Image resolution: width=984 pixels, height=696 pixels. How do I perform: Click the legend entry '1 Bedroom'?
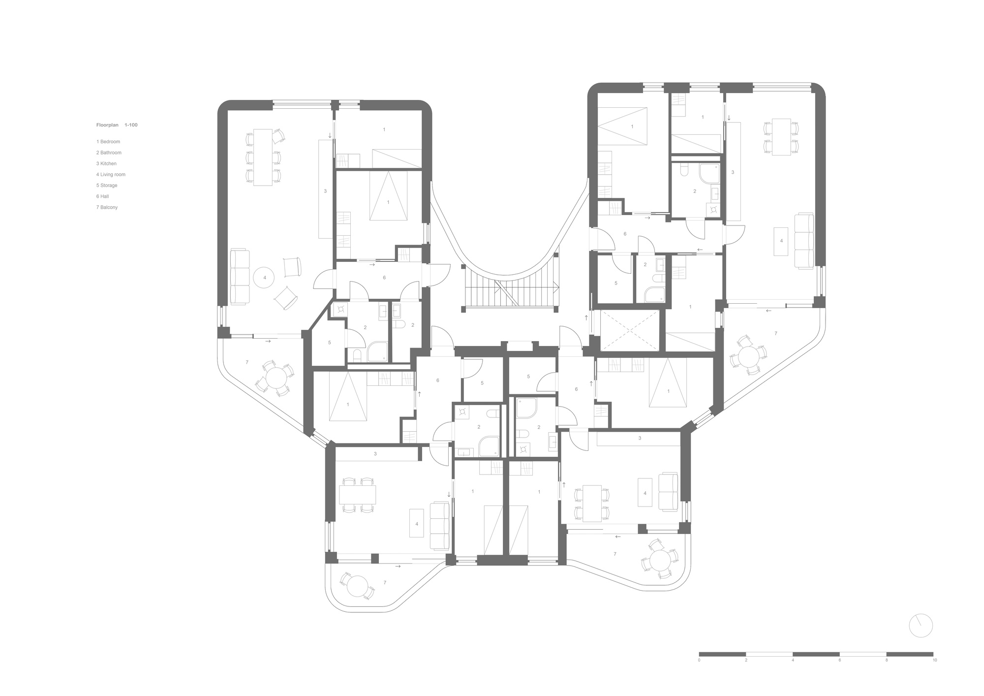108,142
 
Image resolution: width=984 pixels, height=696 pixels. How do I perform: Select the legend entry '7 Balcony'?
107,207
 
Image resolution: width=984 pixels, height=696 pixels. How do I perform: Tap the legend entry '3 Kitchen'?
107,163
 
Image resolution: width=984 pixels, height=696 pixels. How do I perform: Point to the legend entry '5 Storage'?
107,186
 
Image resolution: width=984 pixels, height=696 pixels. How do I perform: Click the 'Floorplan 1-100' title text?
117,125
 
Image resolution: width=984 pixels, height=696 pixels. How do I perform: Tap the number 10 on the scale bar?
934,660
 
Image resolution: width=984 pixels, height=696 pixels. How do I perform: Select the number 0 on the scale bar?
699,660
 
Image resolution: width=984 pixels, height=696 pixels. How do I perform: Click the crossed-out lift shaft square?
630,330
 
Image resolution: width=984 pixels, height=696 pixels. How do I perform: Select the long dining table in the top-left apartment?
263,158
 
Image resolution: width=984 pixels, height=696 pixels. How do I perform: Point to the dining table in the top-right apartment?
781,137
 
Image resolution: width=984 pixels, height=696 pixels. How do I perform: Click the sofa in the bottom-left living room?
440,526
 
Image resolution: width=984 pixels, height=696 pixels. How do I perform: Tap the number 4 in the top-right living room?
781,241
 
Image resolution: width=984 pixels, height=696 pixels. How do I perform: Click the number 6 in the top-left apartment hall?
384,278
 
